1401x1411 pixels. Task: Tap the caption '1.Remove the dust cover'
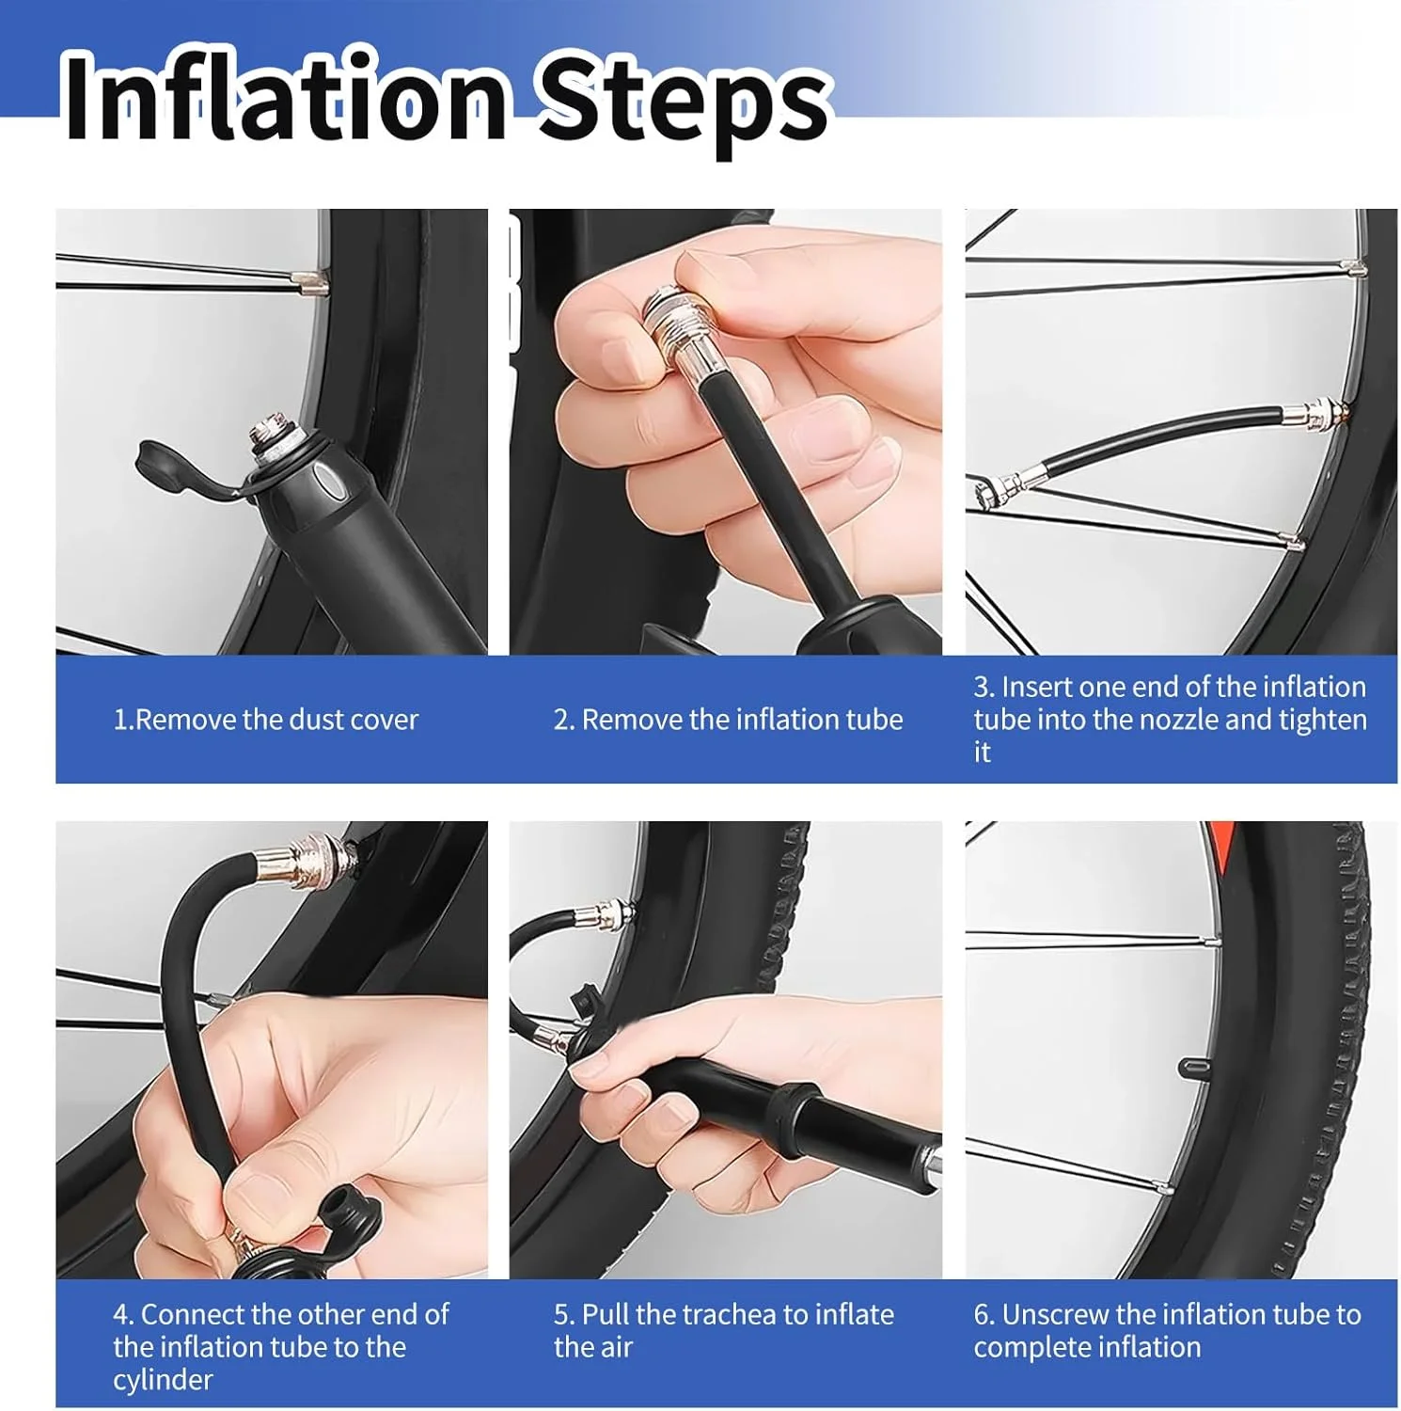pyautogui.click(x=265, y=720)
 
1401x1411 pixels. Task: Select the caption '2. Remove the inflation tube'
pyautogui.click(x=728, y=720)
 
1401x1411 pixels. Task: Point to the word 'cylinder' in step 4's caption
pyautogui.click(x=163, y=1380)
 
